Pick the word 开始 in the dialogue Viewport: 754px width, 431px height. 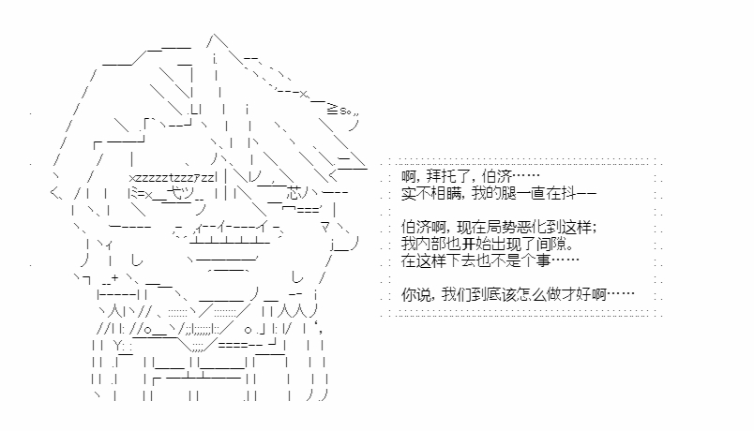coord(476,244)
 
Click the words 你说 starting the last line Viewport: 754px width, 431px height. coord(416,293)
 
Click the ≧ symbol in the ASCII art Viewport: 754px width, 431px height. coord(332,110)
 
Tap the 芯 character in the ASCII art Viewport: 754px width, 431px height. coord(294,194)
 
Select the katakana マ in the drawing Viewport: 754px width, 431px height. coord(325,228)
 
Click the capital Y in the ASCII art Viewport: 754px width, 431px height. coord(118,345)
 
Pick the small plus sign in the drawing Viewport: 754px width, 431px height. coord(114,277)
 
